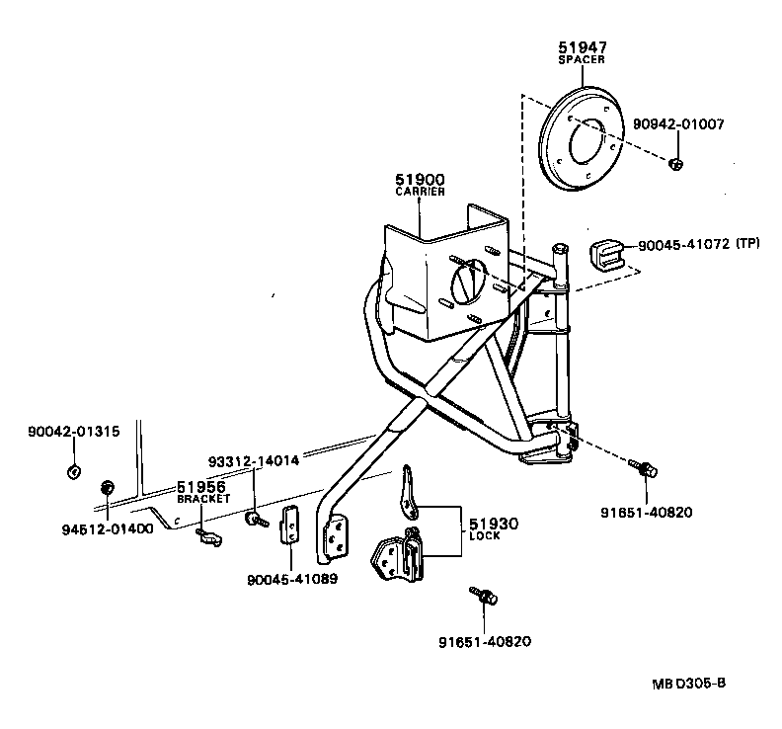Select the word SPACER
(581, 59)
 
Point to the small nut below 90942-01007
(674, 163)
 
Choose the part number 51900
(421, 179)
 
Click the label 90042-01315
(74, 432)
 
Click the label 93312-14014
(254, 461)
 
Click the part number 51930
(493, 524)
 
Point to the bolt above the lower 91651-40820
(486, 596)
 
